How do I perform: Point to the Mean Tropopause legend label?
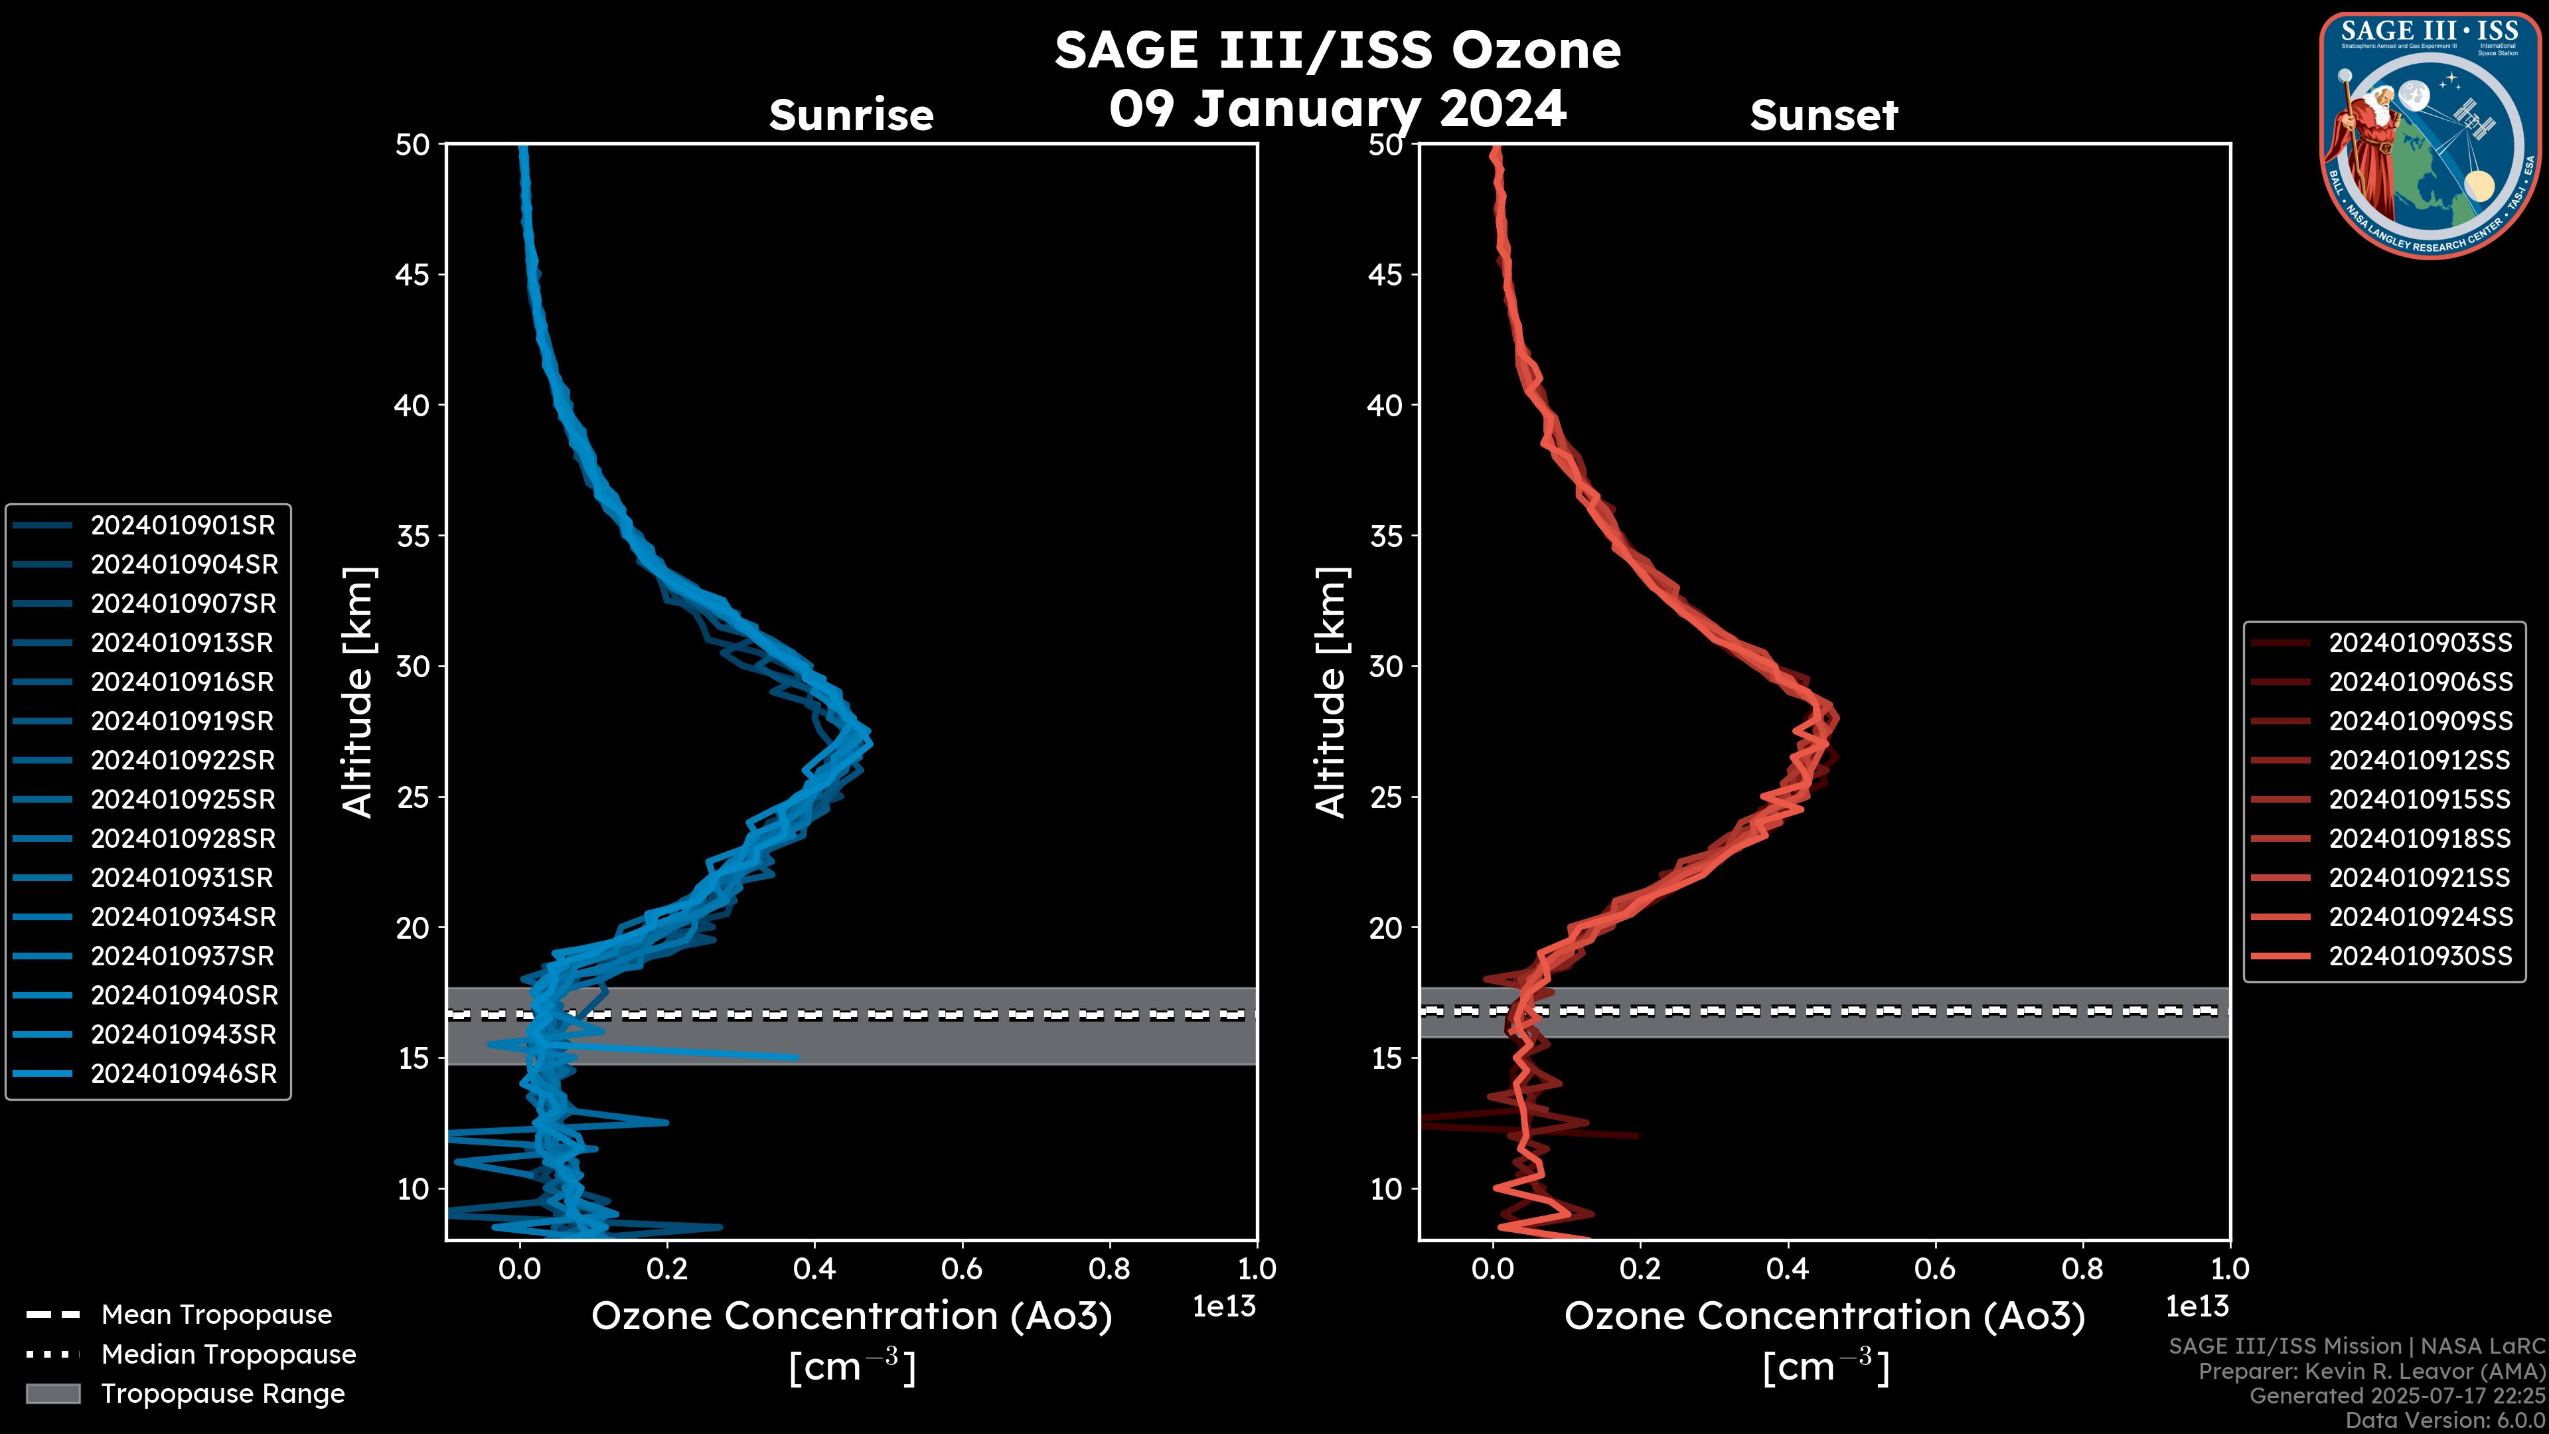coord(216,1315)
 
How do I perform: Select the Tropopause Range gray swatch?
coord(52,1394)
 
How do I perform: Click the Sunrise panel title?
coord(851,116)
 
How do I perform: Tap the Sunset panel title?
coord(1823,116)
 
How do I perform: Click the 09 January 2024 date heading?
coord(1337,109)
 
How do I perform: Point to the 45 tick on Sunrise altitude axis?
coord(413,275)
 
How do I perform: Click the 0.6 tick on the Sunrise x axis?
coord(962,1269)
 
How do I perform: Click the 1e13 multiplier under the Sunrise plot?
coord(1224,1307)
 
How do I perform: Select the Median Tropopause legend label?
coord(228,1355)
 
